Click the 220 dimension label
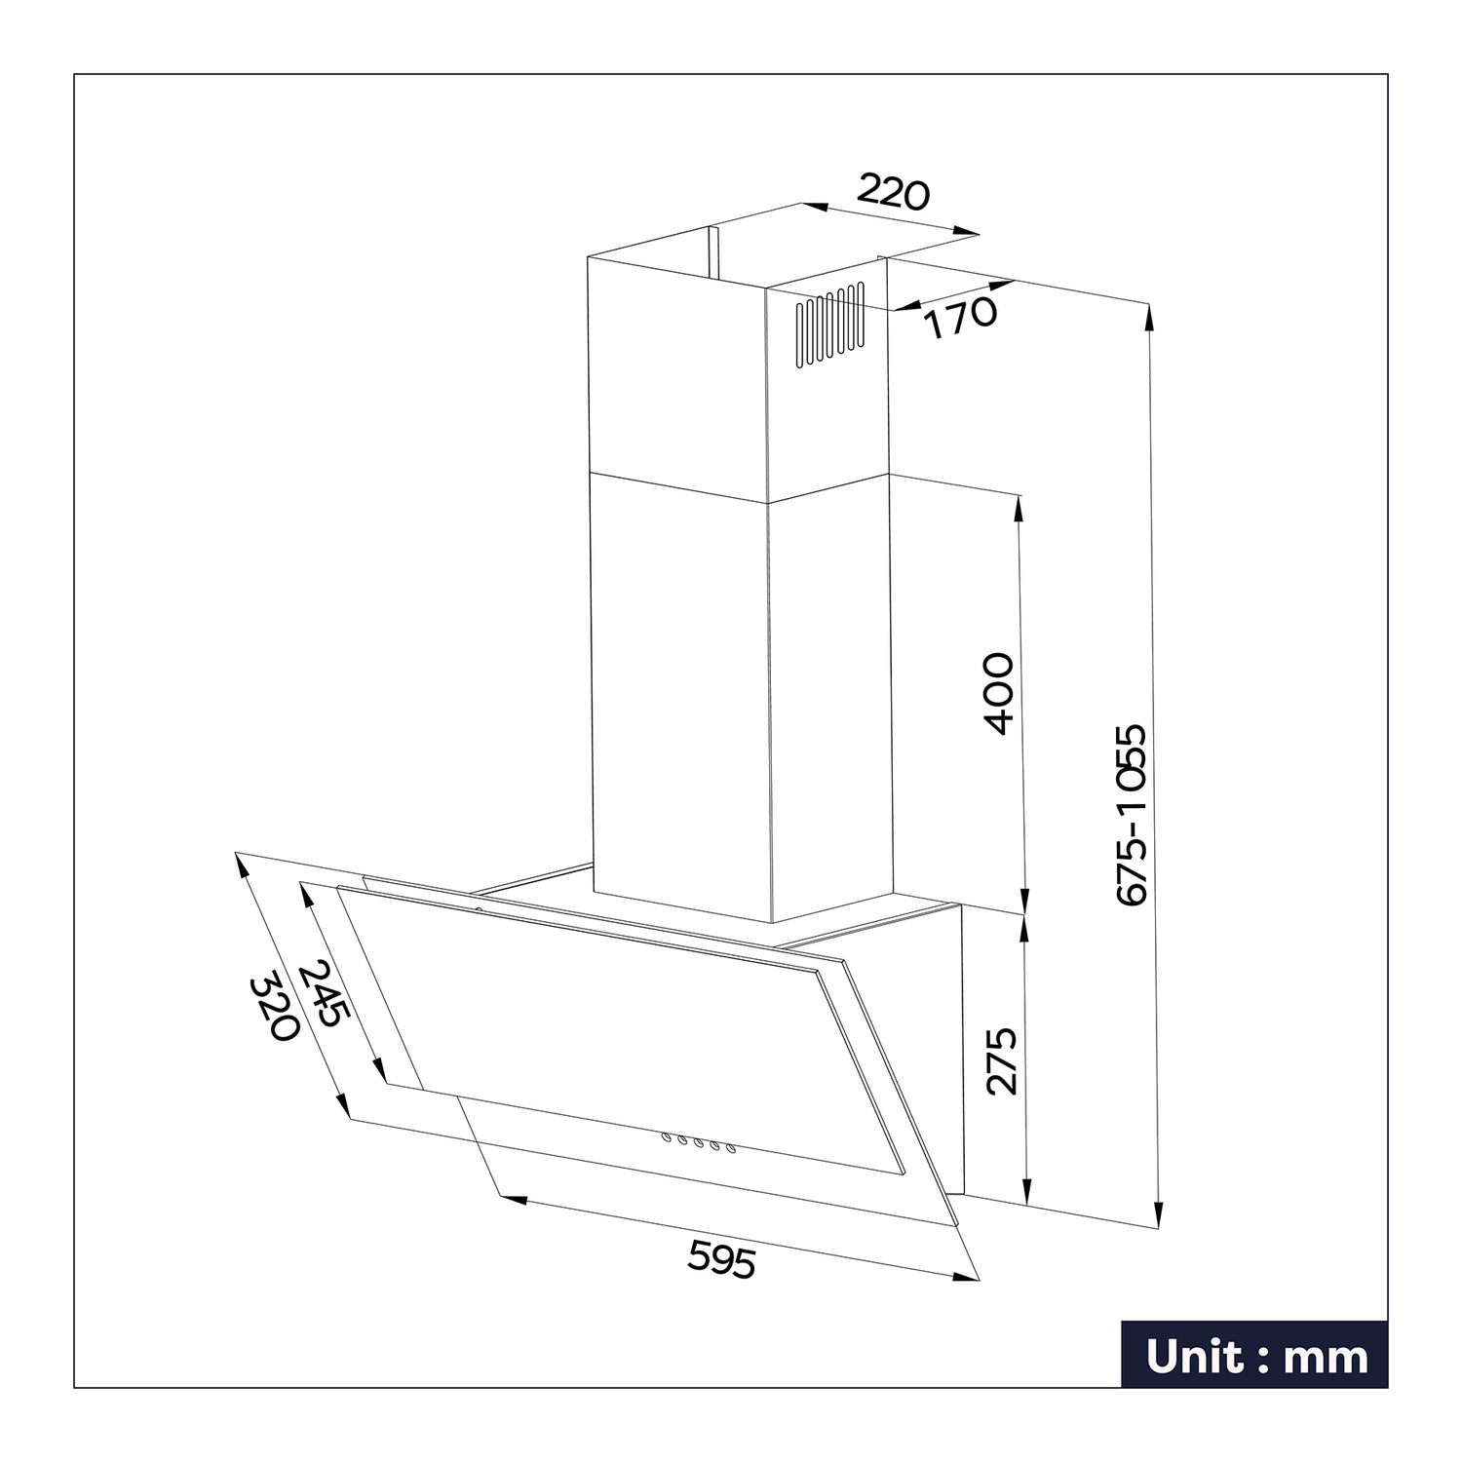tap(894, 193)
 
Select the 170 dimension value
tap(960, 318)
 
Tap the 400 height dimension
tap(999, 693)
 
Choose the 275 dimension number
tap(1001, 1060)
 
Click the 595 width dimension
tap(721, 1258)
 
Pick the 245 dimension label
tap(323, 993)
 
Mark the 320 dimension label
tap(274, 1008)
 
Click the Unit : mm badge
tap(1254, 1354)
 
